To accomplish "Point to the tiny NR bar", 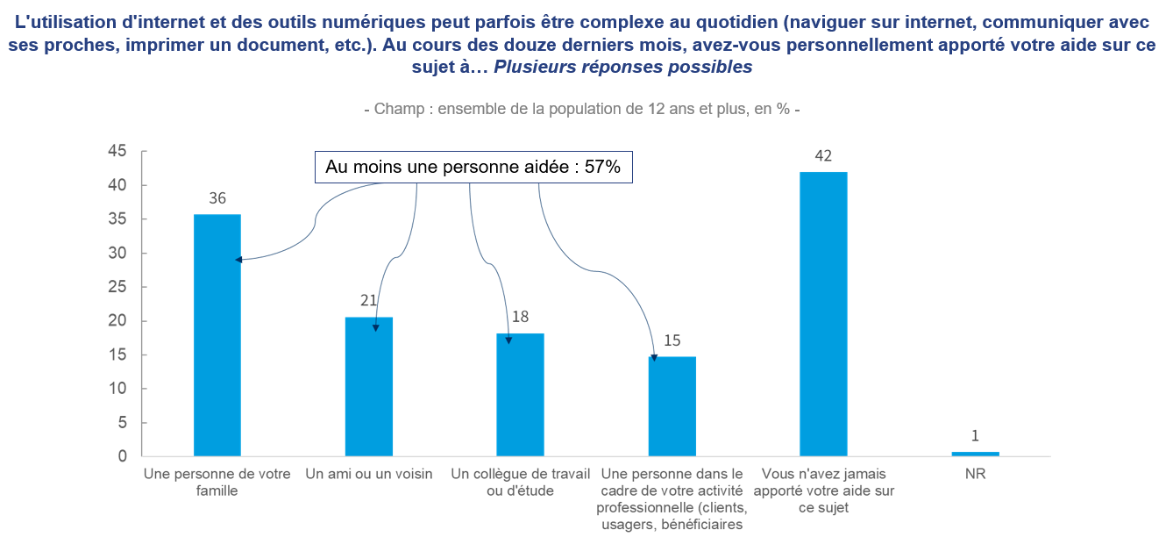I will point(975,454).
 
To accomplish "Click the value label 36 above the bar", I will point(217,199).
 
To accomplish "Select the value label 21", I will point(368,301).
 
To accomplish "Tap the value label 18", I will point(520,318).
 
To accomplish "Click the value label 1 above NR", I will point(975,436).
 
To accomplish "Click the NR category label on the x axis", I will point(975,475).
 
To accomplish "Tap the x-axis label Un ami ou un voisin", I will point(369,475).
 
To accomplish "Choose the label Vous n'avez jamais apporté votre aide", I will point(823,490).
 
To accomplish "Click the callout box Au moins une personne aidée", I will point(473,167).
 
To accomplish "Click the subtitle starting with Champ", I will point(581,110).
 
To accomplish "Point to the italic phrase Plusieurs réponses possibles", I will point(622,67).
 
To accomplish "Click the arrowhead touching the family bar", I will point(238,260).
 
